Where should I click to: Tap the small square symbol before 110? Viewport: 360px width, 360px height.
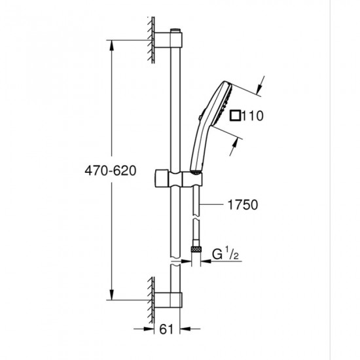click(x=236, y=117)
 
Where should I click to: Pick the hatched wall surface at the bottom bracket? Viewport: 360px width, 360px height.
click(x=151, y=294)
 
